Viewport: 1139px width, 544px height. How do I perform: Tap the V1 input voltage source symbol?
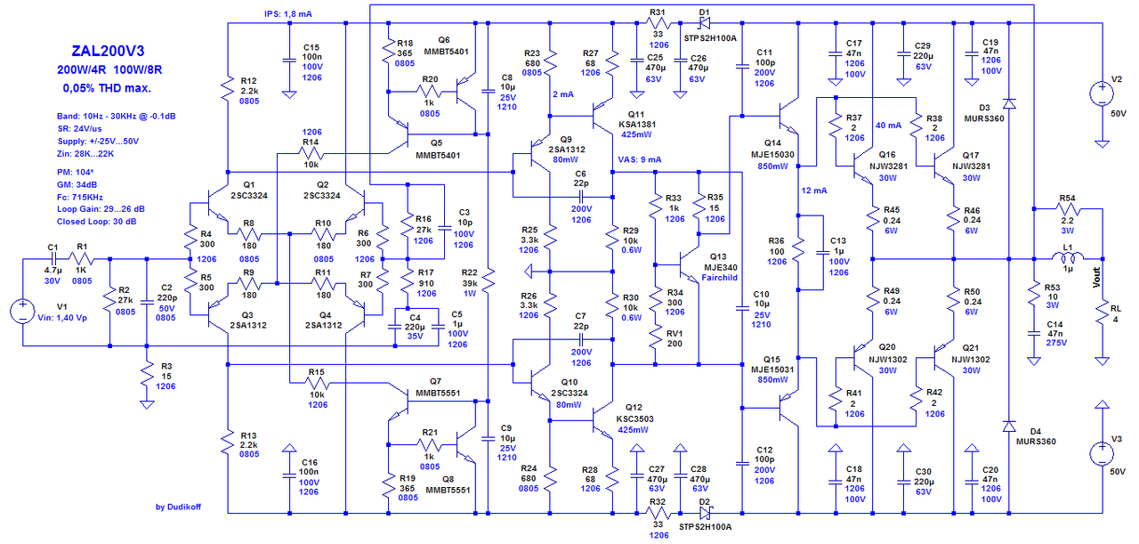pos(20,313)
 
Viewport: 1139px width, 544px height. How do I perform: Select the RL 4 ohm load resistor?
pos(1102,312)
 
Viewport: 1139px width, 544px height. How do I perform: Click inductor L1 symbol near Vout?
pos(1070,260)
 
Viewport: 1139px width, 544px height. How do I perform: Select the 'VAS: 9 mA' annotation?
pos(639,160)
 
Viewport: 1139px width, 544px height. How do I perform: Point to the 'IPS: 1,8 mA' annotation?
pos(288,14)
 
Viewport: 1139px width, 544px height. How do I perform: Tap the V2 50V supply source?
pos(1102,94)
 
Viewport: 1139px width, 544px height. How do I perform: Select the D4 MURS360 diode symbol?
pos(1009,426)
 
